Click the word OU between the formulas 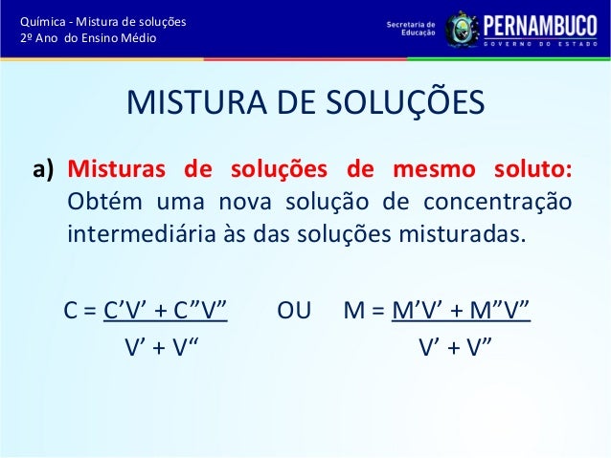[293, 311]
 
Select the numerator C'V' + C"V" [165, 311]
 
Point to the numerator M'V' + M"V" [461, 311]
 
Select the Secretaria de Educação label [410, 27]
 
